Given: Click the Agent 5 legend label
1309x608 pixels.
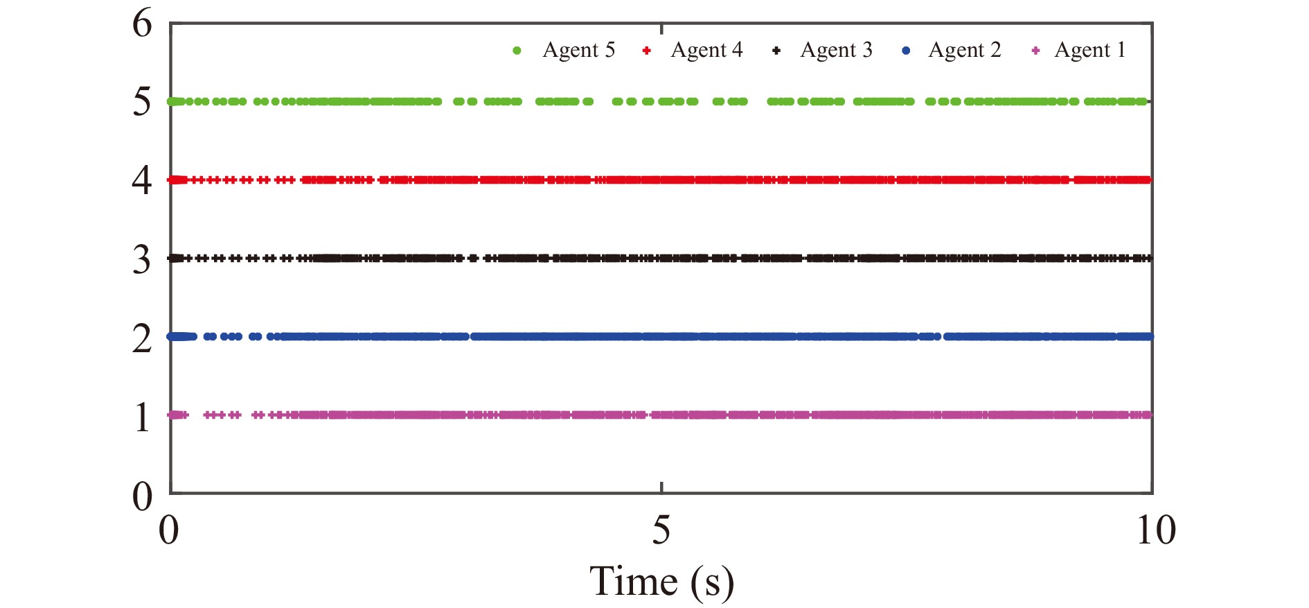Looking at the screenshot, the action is click(x=578, y=50).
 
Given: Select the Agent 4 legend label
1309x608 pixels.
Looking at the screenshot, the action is click(x=706, y=50).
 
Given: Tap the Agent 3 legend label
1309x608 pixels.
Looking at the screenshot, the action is click(x=836, y=50).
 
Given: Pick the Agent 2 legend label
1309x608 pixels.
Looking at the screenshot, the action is click(x=965, y=50).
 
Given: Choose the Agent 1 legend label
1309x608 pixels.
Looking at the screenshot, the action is click(x=1090, y=50).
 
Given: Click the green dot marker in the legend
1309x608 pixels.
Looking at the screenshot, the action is click(x=517, y=51).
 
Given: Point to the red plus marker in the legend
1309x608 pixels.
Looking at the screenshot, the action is click(x=646, y=51).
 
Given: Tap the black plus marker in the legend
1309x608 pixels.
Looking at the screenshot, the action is click(x=776, y=51).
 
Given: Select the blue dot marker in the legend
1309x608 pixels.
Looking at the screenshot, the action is click(x=906, y=51).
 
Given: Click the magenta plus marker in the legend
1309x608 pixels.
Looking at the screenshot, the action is click(x=1035, y=51).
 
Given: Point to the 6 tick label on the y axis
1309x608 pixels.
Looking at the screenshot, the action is click(x=142, y=24).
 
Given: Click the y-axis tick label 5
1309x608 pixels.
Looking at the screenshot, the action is click(x=142, y=102).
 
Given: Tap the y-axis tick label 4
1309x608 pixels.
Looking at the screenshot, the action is click(x=142, y=180).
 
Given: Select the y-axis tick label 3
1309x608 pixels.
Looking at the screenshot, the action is click(x=142, y=259).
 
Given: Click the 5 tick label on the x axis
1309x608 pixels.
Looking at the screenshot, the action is click(x=661, y=530).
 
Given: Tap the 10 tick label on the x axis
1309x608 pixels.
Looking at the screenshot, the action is click(x=1155, y=530).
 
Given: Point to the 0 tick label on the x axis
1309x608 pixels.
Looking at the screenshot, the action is click(x=169, y=530).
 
